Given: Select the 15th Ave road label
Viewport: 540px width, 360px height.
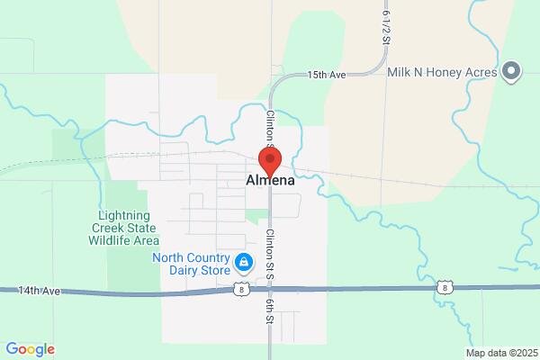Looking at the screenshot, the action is pos(325,76).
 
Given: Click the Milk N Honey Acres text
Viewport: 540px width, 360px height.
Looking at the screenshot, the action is pos(443,71).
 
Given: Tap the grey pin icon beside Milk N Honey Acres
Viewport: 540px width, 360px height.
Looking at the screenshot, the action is pos(512,71).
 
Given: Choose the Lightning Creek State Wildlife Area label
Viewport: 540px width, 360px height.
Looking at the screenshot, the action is pos(130,228).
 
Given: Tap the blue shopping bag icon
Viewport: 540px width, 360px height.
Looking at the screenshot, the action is pos(243,263).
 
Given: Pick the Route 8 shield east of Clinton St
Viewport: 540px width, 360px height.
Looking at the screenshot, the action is pos(445,287).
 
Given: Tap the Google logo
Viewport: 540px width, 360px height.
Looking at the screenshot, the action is pos(30,349).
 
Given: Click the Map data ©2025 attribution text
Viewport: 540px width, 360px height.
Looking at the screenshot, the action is pos(501,353).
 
